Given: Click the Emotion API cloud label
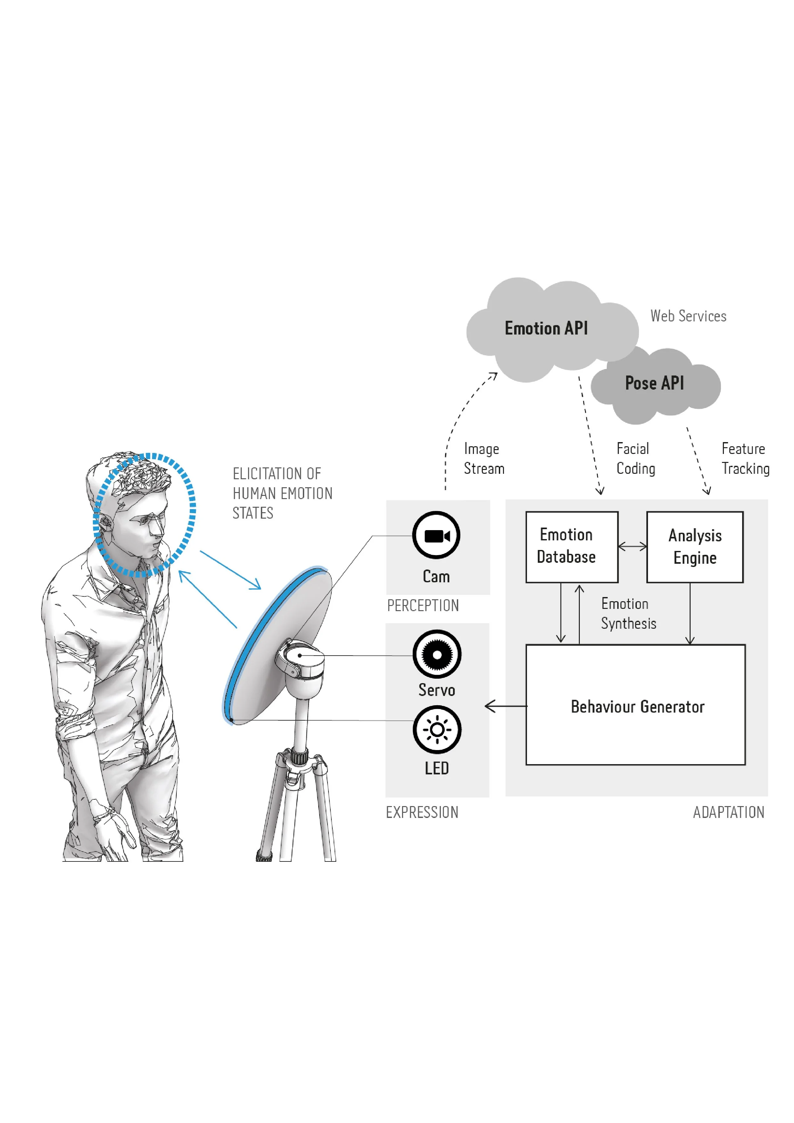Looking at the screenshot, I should coord(546,328).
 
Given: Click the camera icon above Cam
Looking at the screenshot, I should coord(436,536).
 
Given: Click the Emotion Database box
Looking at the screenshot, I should coord(571,546).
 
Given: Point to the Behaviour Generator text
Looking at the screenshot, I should coord(637,707).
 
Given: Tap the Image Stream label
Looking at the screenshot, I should coord(483,459).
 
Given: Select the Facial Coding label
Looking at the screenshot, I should coord(635,459).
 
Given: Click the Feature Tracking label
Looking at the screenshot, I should coord(745,459).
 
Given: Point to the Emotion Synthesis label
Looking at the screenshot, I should coord(628,613).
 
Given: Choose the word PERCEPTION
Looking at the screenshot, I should coord(423,606).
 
